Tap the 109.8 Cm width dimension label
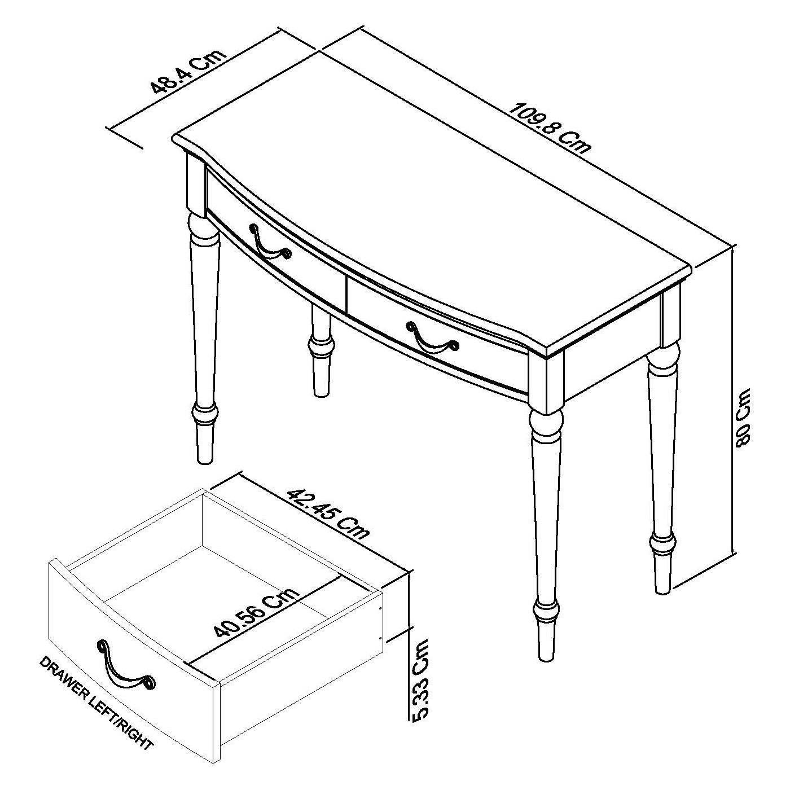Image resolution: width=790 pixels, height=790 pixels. point(550,128)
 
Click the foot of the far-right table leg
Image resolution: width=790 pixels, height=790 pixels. point(662,573)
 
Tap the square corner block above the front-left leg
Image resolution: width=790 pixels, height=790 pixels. point(196,185)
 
